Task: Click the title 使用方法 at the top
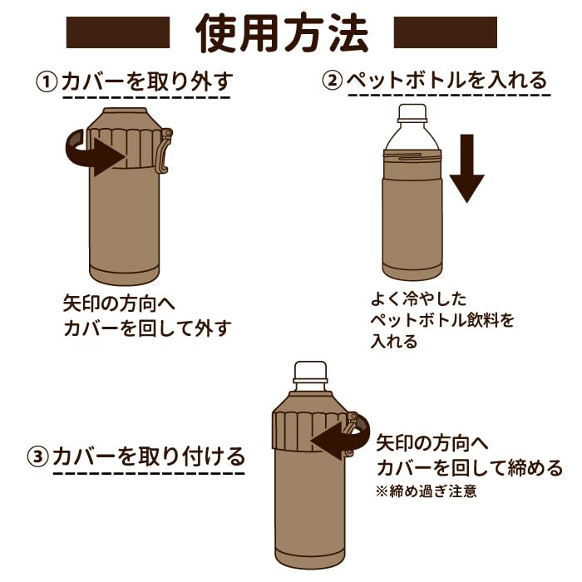click(282, 33)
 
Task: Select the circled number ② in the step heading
click(332, 80)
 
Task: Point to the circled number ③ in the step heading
click(38, 456)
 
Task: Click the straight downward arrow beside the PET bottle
click(467, 168)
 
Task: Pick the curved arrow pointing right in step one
click(96, 153)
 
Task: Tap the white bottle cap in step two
click(412, 113)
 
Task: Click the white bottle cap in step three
click(311, 372)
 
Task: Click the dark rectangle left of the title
click(118, 32)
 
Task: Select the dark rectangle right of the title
click(446, 32)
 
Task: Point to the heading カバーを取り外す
click(147, 81)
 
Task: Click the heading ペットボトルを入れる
click(447, 80)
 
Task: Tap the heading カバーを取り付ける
click(149, 456)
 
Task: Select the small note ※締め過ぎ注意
click(426, 491)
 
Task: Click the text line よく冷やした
click(418, 298)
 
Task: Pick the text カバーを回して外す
click(147, 328)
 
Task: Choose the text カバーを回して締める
click(470, 467)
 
